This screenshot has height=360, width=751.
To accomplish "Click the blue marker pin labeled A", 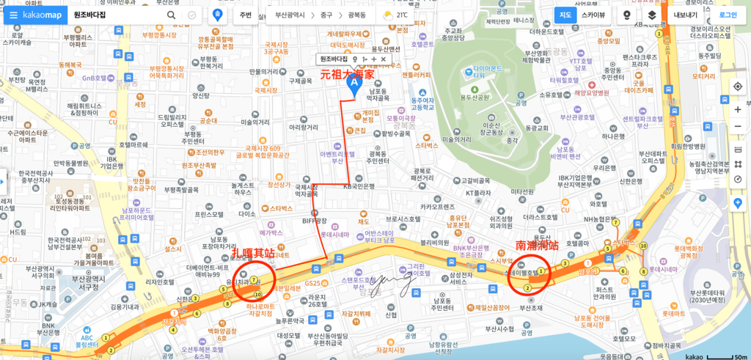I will [x=353, y=85].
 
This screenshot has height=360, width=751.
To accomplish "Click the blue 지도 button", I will [x=565, y=15].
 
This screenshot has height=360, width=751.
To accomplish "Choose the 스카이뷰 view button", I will [x=593, y=15].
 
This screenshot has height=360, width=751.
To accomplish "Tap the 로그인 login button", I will [x=728, y=15].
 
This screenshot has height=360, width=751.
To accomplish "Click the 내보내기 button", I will [x=685, y=15].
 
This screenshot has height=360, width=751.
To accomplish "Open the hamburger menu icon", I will [x=12, y=15].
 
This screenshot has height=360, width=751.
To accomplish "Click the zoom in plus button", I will [x=738, y=109].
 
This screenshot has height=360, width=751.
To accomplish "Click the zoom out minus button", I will [x=738, y=126].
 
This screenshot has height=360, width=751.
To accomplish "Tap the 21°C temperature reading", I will [x=403, y=15].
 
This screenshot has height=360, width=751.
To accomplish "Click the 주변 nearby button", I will [x=245, y=15].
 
